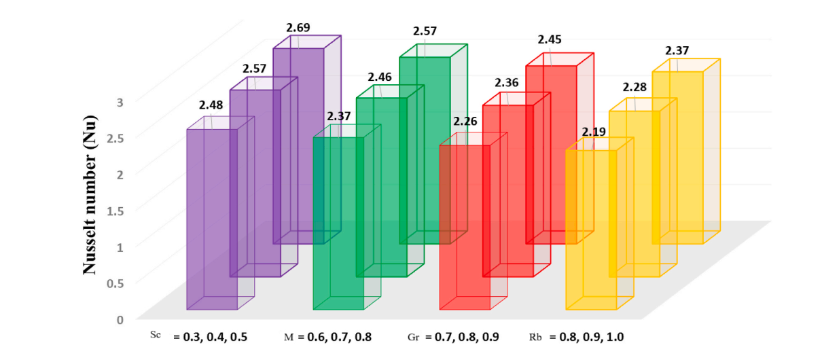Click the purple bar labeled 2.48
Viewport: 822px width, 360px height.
click(211, 217)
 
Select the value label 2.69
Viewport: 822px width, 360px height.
click(298, 28)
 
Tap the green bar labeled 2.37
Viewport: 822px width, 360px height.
click(338, 224)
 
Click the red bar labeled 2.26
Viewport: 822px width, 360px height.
click(465, 228)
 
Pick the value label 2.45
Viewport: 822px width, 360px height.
click(550, 39)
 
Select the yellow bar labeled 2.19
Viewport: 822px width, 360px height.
click(591, 231)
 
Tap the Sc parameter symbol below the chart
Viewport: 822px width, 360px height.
click(156, 335)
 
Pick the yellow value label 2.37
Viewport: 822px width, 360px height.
click(677, 51)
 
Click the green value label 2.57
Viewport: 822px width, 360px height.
click(425, 31)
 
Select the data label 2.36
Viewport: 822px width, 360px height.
click(507, 83)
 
